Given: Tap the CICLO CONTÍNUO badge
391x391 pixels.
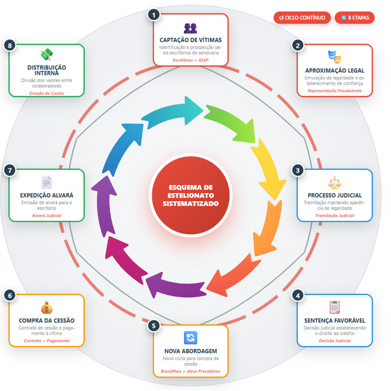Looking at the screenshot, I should [x=302, y=18].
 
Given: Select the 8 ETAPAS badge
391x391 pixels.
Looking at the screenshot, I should [x=355, y=18].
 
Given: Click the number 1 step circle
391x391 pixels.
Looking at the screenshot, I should [x=153, y=15].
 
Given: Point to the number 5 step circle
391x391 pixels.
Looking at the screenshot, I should [x=153, y=325].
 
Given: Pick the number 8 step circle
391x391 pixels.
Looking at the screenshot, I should [x=9, y=45].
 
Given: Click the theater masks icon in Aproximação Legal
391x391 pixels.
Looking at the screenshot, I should [x=335, y=56].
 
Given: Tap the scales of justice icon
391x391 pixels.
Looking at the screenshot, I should [x=335, y=182].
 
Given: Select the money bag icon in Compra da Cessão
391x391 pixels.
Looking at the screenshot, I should [x=46, y=307].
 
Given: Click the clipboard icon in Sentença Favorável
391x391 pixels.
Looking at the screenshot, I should [x=335, y=307].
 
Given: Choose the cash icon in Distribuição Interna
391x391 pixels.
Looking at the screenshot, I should [x=46, y=55].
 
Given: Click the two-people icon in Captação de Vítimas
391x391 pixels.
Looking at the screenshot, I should [x=190, y=28].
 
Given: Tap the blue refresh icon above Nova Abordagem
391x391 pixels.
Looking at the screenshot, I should [x=190, y=338].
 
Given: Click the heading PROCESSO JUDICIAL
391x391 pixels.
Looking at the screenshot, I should [x=335, y=195].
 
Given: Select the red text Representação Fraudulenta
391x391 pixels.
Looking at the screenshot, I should [x=335, y=91].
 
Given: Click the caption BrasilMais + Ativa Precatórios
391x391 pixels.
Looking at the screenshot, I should [x=190, y=371].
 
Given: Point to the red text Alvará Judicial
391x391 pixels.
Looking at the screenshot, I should [x=46, y=215].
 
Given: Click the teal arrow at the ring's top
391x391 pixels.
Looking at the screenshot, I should [x=174, y=112].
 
